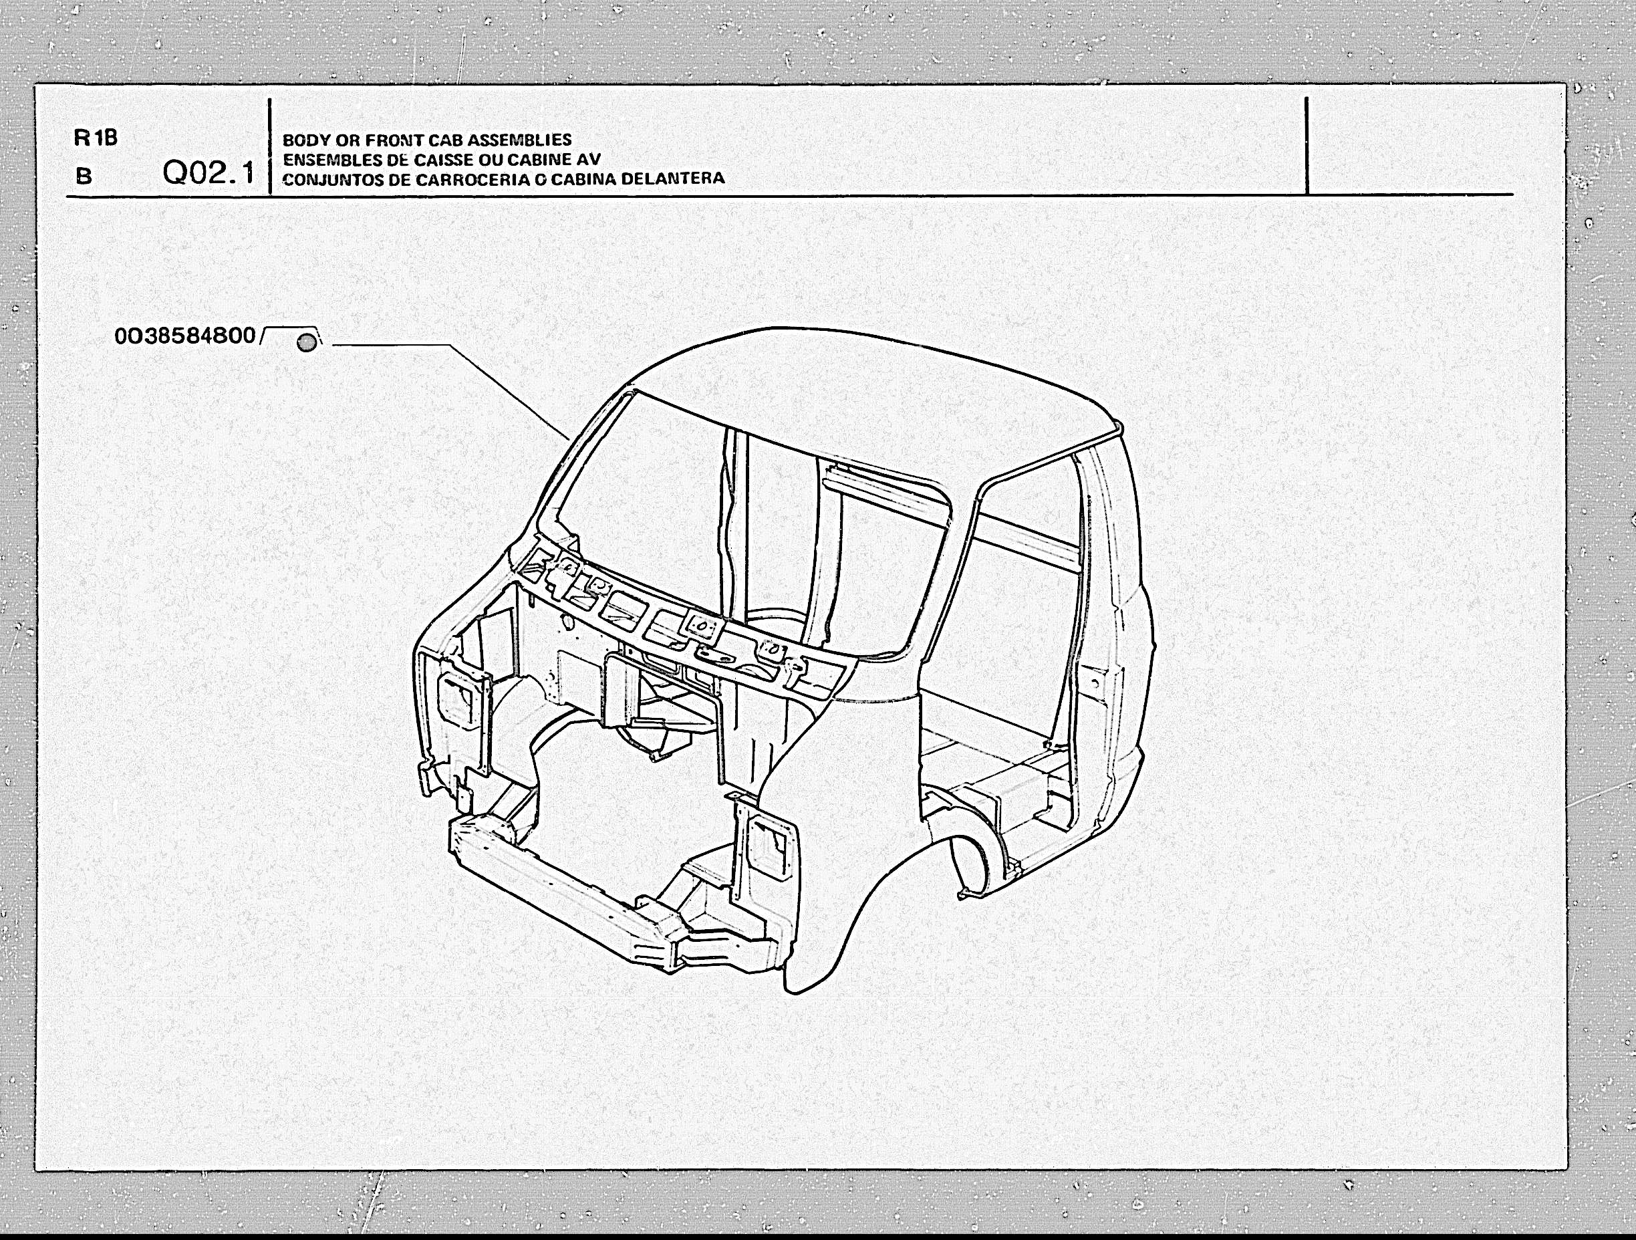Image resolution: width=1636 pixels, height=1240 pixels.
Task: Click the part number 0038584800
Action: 185,336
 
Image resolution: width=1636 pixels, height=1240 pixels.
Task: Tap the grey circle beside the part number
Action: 306,342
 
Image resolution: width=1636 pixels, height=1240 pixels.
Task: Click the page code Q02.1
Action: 209,172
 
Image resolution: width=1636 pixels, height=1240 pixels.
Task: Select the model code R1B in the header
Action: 96,138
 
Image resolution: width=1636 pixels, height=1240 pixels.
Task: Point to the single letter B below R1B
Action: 84,176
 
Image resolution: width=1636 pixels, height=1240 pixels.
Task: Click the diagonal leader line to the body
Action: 511,392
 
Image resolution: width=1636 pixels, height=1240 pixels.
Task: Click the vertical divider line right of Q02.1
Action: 270,146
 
